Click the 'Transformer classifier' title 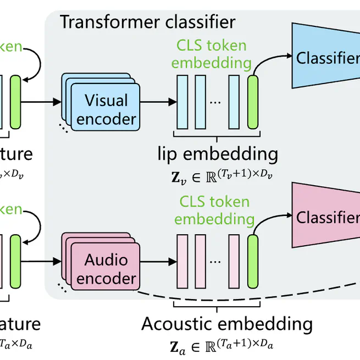[x=147, y=22]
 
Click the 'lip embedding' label [x=218, y=152]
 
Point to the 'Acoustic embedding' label [x=227, y=324]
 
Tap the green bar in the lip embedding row [x=253, y=102]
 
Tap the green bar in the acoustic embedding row [x=253, y=261]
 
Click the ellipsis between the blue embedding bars [x=216, y=102]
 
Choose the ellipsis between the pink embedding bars [x=216, y=262]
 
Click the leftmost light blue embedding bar [x=181, y=102]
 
